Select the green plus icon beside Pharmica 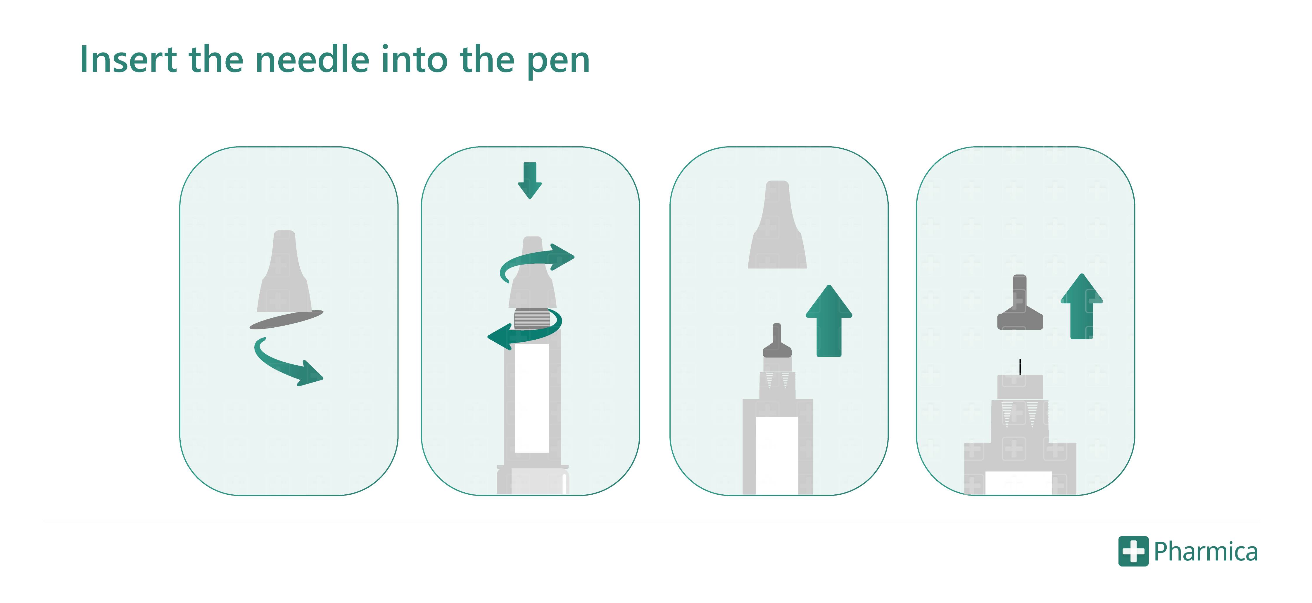point(1133,551)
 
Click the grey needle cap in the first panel point(284,275)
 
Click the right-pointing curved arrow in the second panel point(540,260)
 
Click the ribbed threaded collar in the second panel point(532,319)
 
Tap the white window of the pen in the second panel point(532,397)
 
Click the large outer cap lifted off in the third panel point(777,226)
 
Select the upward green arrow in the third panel point(829,321)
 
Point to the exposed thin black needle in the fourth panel point(1020,366)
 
